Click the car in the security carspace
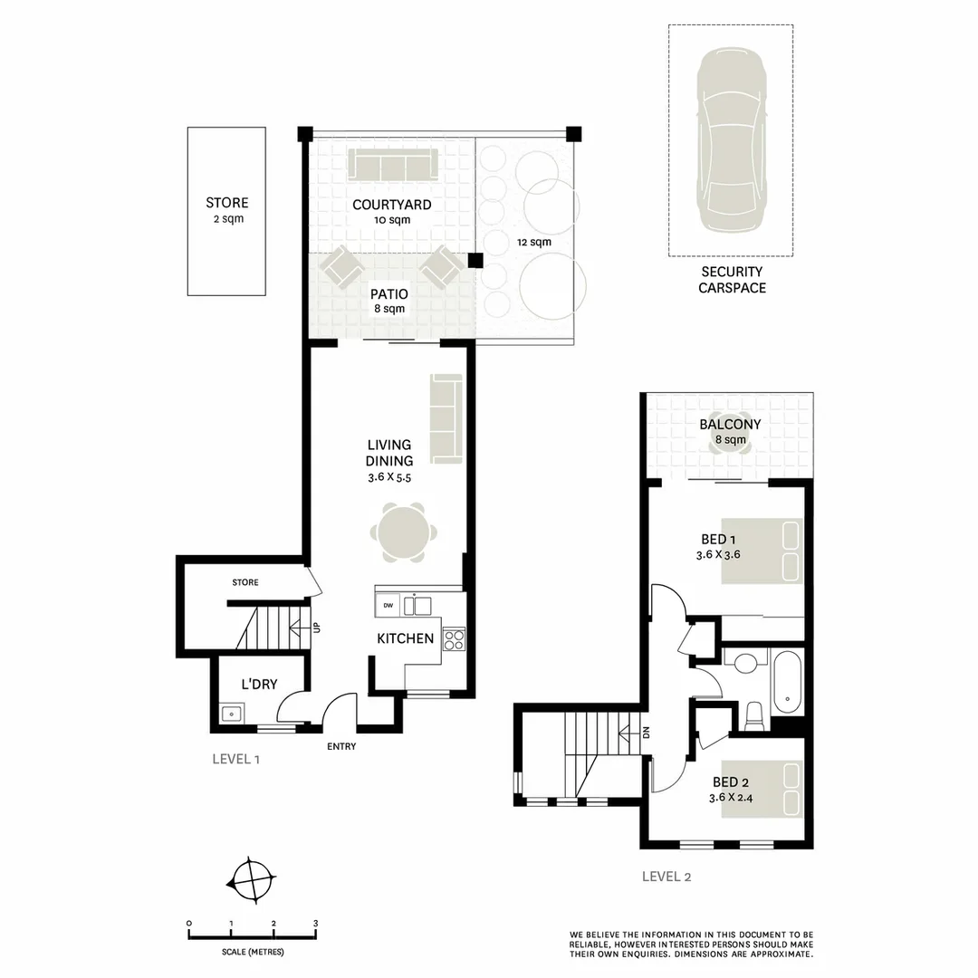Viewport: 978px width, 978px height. (730, 141)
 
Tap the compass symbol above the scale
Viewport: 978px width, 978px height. (251, 879)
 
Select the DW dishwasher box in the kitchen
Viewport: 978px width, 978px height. (388, 605)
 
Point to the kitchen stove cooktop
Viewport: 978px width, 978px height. (454, 639)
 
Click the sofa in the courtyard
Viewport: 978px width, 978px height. (392, 165)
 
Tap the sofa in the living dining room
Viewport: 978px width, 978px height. (446, 418)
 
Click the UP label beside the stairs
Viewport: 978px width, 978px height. (316, 627)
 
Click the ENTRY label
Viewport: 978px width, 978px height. (341, 747)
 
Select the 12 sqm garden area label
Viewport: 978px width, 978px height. (533, 242)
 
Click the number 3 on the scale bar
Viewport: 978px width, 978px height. (315, 923)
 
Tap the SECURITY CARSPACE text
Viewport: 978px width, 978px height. (731, 280)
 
